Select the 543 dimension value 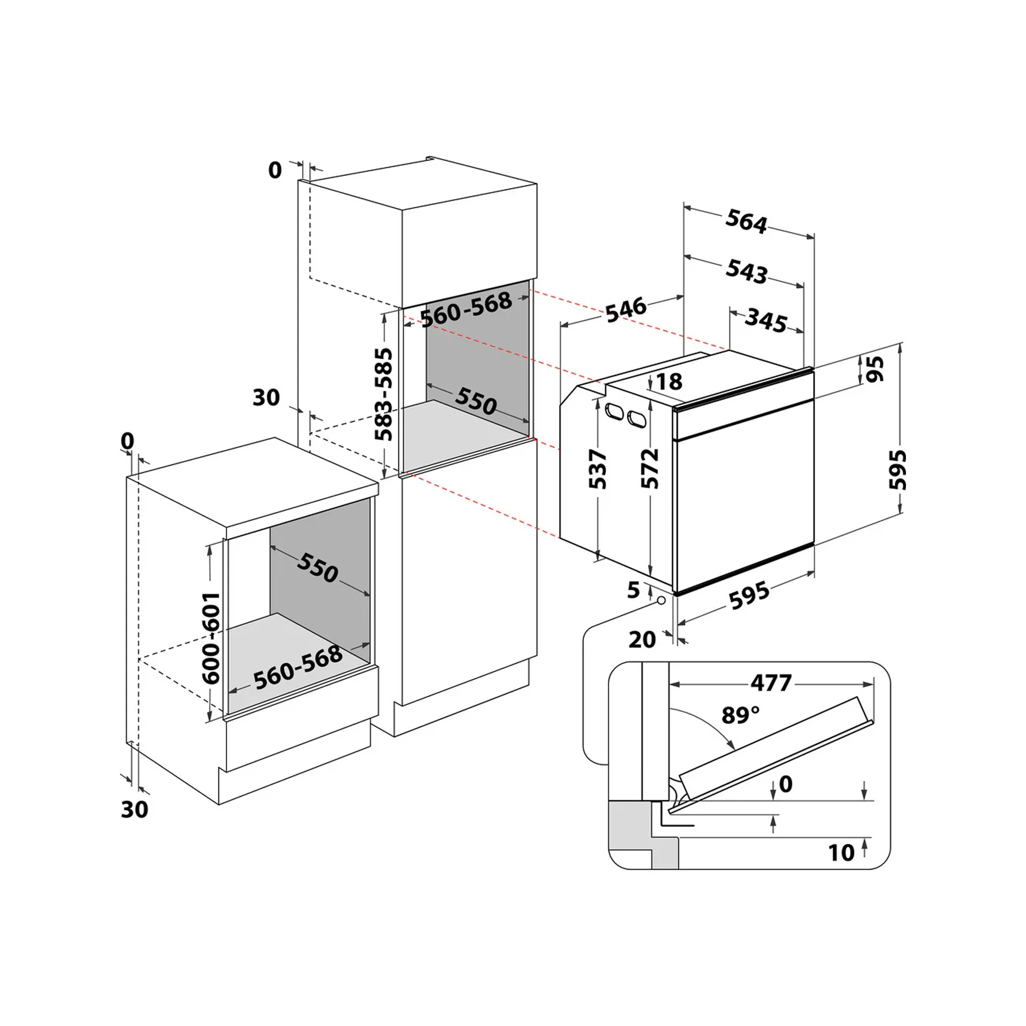746,271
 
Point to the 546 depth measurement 627,310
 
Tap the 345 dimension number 766,320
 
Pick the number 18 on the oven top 669,381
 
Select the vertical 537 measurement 598,469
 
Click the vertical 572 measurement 649,468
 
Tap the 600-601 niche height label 211,638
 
